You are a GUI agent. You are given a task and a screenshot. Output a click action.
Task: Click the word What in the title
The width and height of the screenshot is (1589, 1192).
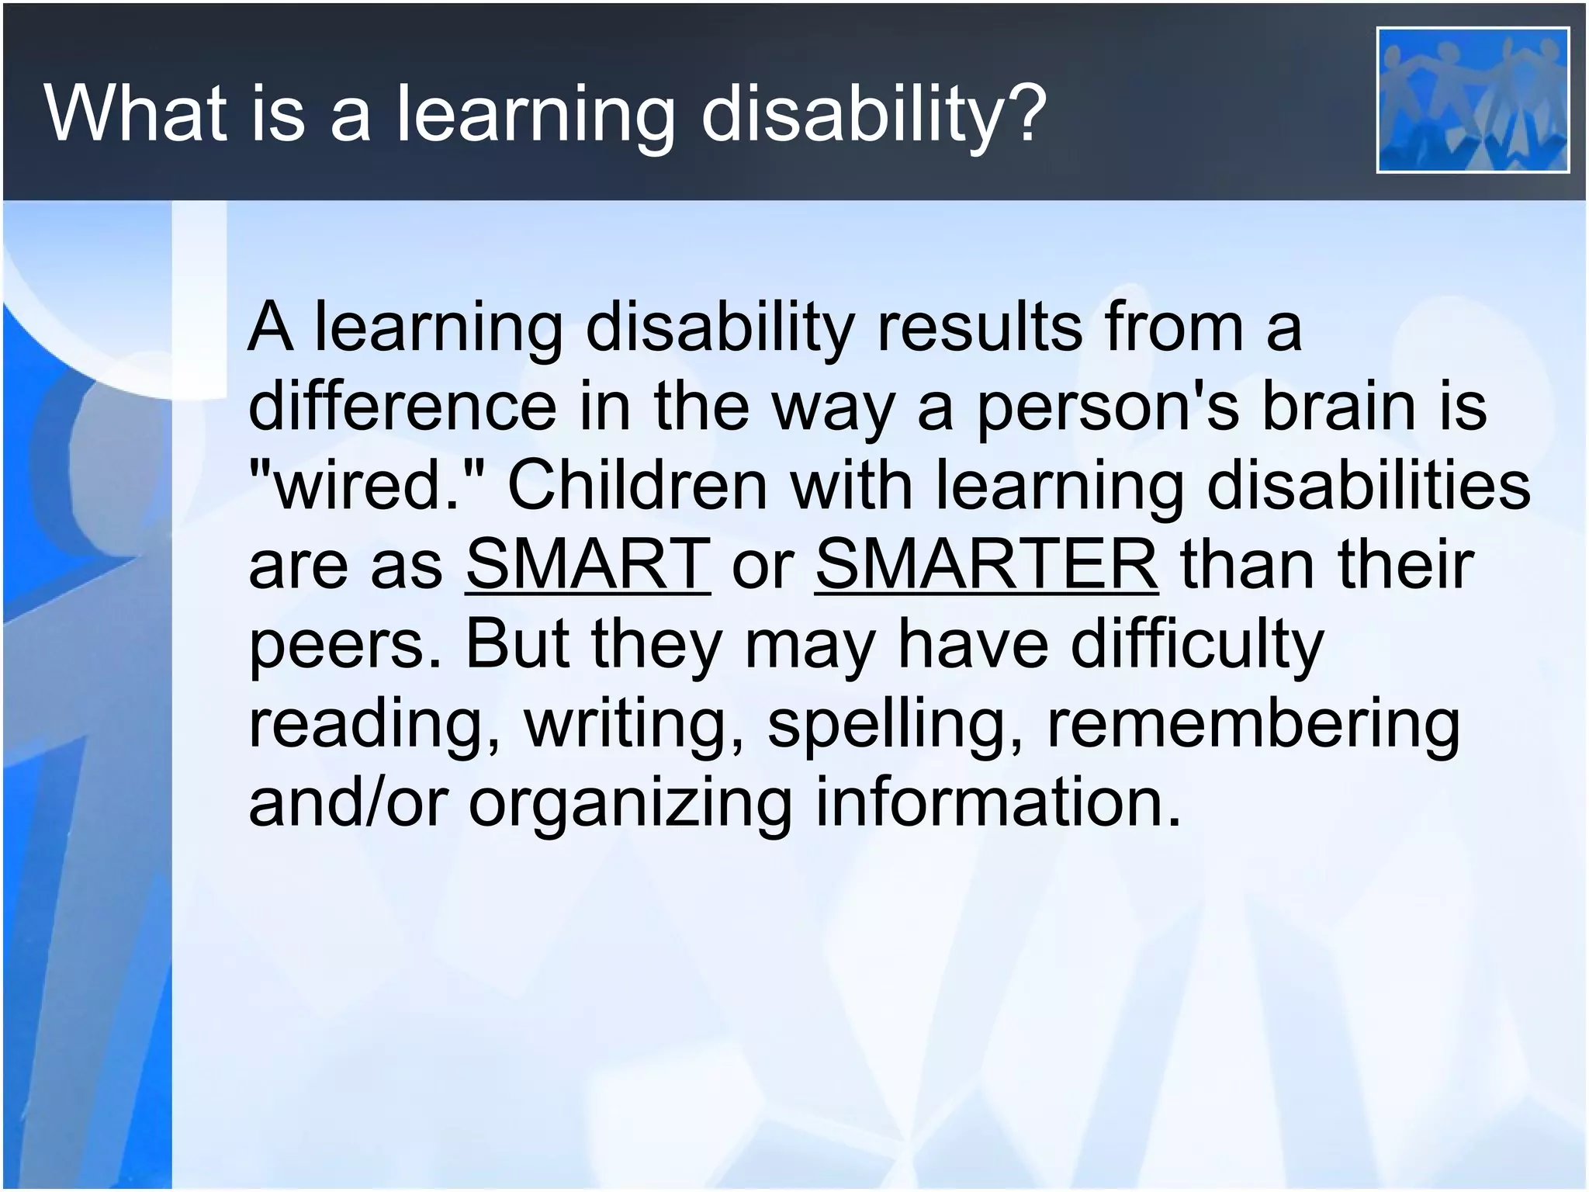(x=135, y=113)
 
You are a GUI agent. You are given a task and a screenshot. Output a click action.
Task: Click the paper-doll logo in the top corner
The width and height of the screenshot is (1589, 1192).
(x=1472, y=99)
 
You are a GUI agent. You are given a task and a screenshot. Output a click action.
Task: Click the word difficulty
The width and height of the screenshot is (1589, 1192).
(x=1196, y=644)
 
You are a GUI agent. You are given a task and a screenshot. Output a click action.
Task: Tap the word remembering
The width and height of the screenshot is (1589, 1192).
(x=1253, y=725)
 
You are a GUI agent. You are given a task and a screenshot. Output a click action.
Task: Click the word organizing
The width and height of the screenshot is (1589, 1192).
(x=630, y=804)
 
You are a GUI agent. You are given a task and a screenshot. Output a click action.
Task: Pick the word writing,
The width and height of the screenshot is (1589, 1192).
(x=635, y=725)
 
